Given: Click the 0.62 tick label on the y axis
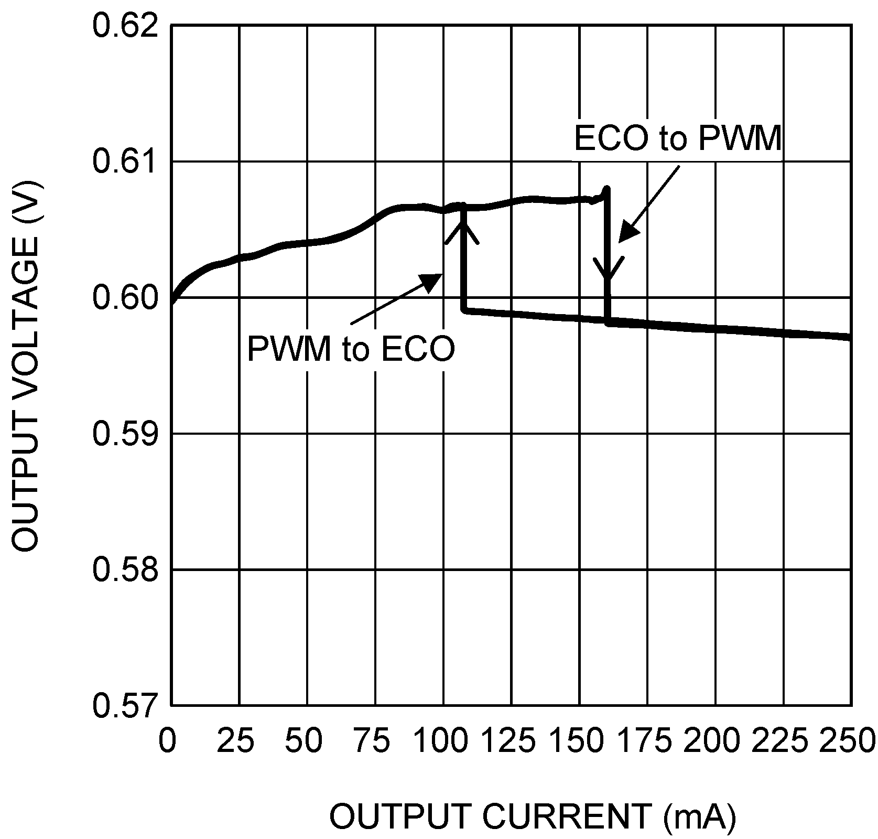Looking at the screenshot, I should click(125, 26).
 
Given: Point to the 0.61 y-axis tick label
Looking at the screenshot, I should click(125, 162).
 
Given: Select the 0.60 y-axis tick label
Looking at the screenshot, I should click(125, 298).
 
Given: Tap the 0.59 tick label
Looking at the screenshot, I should click(125, 434).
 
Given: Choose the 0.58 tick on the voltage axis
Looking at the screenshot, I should click(125, 569).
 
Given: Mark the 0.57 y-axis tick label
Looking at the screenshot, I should click(125, 705).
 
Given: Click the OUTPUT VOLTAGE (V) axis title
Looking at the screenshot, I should click(26, 365).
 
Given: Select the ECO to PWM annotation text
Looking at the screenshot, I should click(678, 138).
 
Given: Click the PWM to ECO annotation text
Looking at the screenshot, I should click(351, 349).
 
